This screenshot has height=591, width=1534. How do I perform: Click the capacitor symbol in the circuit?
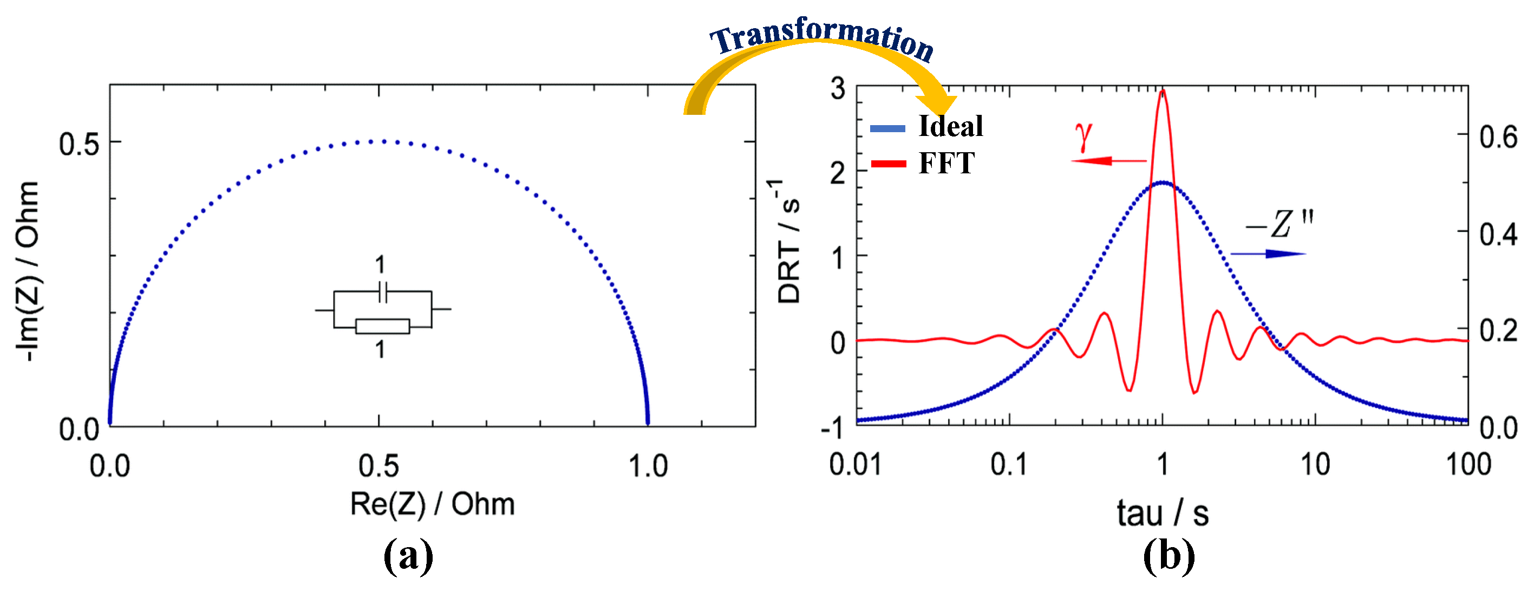383,293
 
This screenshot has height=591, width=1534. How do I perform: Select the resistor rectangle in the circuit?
382,327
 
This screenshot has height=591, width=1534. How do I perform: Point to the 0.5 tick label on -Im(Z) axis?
79,144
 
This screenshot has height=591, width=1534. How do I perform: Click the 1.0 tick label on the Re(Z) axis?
648,466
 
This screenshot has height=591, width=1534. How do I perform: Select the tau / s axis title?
1163,514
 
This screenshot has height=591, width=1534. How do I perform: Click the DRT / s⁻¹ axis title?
788,241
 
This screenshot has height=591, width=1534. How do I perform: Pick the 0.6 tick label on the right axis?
1498,138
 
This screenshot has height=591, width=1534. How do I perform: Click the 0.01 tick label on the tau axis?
855,465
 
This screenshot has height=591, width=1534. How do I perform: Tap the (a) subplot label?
408,556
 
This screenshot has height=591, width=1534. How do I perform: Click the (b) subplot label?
1169,556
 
